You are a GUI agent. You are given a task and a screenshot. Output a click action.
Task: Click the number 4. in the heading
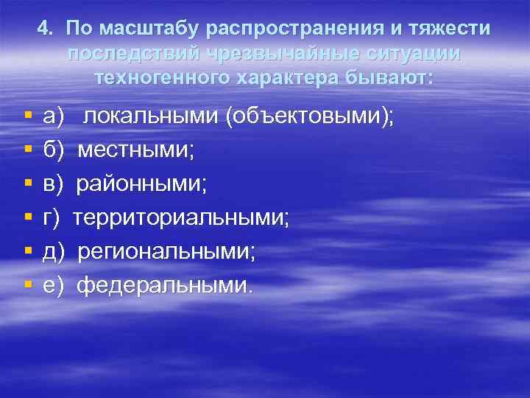(x=45, y=29)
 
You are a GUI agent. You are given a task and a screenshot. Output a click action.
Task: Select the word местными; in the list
(x=136, y=150)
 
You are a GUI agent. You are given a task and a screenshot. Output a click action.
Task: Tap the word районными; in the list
(x=143, y=184)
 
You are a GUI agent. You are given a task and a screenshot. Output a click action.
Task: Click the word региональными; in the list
(x=167, y=252)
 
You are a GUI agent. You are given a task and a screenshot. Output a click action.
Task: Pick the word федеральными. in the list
(x=164, y=285)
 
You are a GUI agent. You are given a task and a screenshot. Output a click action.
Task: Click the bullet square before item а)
(x=27, y=117)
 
